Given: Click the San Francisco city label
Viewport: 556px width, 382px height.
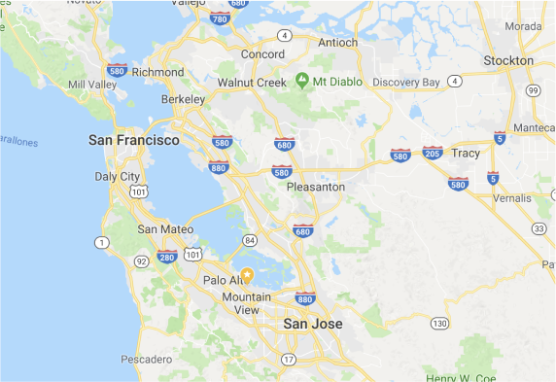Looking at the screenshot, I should [x=133, y=141].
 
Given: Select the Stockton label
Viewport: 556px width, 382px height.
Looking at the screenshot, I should [x=508, y=60].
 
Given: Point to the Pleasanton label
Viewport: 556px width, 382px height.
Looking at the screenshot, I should [x=316, y=187].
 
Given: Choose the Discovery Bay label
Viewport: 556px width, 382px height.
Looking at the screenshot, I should [x=406, y=82].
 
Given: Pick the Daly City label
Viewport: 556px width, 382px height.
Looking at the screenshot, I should [x=117, y=177].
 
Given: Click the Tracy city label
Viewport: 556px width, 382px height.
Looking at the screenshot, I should [x=466, y=154].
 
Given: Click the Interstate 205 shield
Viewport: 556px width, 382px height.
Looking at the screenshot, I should [x=433, y=153].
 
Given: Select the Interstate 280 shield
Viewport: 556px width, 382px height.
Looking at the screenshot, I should [x=166, y=257].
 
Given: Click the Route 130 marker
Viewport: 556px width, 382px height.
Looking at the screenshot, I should [x=440, y=323].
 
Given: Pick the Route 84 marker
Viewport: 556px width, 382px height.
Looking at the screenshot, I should [x=250, y=240].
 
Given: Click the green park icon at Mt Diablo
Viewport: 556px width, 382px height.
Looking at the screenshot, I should [x=302, y=79].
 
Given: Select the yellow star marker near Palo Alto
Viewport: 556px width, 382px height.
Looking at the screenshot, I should [x=247, y=276].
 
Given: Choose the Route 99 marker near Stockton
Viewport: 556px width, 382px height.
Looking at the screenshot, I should [x=532, y=90].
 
